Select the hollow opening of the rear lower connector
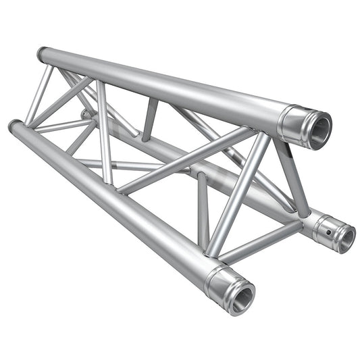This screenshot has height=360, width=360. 346,238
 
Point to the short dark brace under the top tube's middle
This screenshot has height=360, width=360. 149,118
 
